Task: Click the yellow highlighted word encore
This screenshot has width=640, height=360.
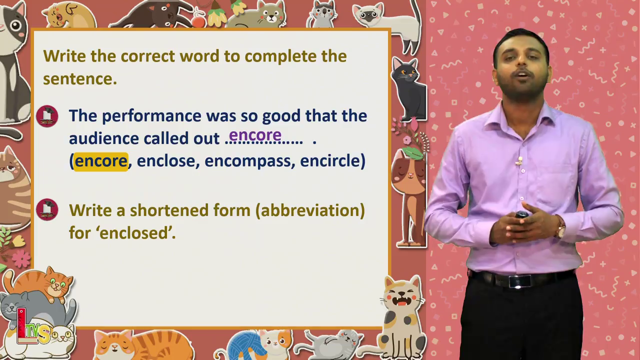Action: (x=101, y=161)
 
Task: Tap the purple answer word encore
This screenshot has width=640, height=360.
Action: (x=255, y=135)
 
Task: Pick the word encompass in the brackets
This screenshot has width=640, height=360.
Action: (x=247, y=161)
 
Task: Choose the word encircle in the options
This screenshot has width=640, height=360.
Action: (x=330, y=161)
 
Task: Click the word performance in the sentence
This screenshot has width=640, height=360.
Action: (x=151, y=116)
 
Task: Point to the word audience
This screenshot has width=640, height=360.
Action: (x=104, y=138)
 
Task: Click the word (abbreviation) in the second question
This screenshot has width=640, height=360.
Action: (x=310, y=210)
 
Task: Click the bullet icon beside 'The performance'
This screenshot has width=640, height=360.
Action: (x=47, y=116)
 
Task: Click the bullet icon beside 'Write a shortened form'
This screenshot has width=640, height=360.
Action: (x=47, y=209)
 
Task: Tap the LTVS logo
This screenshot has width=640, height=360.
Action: (x=33, y=326)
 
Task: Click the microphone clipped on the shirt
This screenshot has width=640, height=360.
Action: (x=519, y=161)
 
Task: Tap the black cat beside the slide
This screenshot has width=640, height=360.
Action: (x=408, y=90)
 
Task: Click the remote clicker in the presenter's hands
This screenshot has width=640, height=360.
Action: (x=521, y=214)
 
